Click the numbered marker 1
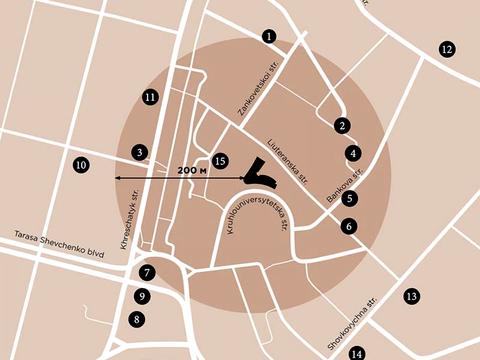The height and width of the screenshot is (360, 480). point(269,36)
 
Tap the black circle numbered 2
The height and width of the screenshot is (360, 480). point(342,125)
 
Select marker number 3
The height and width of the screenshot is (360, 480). point(140,152)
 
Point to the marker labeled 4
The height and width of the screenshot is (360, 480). point(353,153)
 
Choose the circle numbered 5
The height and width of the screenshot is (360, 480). point(349,198)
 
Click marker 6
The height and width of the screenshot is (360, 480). point(347,226)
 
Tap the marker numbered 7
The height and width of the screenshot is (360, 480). point(147,272)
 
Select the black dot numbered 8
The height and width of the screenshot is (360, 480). point(137,320)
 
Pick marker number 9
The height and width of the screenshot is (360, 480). point(143,296)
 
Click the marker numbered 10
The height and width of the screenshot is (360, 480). point(81,164)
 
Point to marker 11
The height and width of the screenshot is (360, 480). point(150,97)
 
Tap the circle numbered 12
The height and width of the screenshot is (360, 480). point(446,49)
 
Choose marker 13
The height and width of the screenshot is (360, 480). point(410,296)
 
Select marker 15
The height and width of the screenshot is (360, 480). point(221,160)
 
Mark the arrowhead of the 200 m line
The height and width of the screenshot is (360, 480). point(117,177)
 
